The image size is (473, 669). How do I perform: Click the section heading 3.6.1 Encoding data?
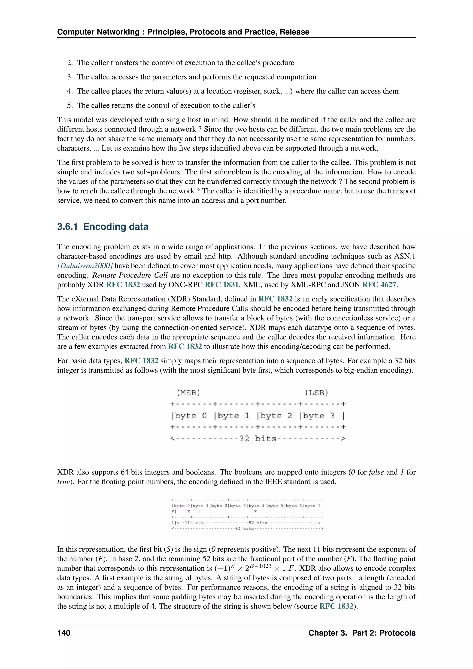click(x=103, y=227)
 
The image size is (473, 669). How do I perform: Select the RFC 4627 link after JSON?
click(x=379, y=285)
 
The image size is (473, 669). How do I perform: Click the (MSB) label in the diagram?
click(x=188, y=393)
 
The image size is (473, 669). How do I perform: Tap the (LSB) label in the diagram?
click(x=316, y=393)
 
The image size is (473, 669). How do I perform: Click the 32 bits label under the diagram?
click(x=258, y=438)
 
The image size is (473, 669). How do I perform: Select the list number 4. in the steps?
click(x=70, y=91)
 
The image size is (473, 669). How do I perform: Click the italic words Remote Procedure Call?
click(x=130, y=275)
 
